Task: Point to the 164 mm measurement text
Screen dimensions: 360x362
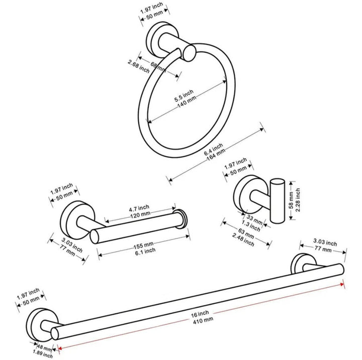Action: coord(218,157)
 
